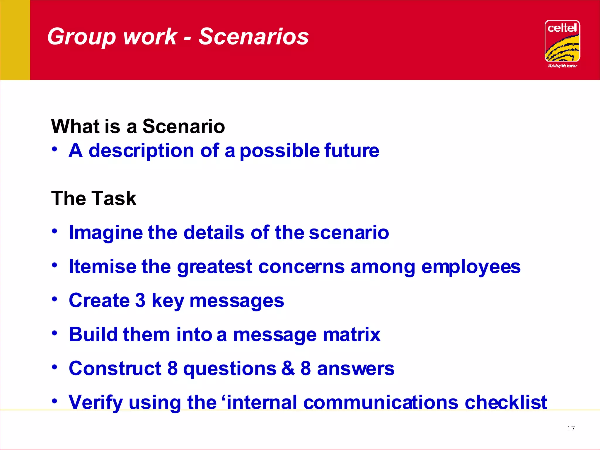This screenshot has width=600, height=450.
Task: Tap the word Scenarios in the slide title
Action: (x=253, y=37)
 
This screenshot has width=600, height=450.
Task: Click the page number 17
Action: (x=571, y=428)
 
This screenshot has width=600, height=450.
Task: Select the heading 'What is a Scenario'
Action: (x=138, y=126)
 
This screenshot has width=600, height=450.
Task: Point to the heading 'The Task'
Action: (x=93, y=198)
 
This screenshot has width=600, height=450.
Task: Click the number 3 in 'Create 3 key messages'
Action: (x=140, y=301)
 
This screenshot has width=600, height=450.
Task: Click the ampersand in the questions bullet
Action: (x=288, y=368)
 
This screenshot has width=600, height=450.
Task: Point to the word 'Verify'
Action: (x=96, y=403)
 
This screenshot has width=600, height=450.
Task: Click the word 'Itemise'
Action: (x=102, y=267)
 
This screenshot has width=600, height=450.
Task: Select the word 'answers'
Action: (x=356, y=369)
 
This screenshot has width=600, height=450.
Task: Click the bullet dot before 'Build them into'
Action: (x=55, y=333)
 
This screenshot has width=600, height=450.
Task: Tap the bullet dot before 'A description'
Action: (x=55, y=149)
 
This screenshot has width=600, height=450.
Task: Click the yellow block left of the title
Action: (x=15, y=40)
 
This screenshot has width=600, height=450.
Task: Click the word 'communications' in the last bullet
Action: (x=381, y=402)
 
